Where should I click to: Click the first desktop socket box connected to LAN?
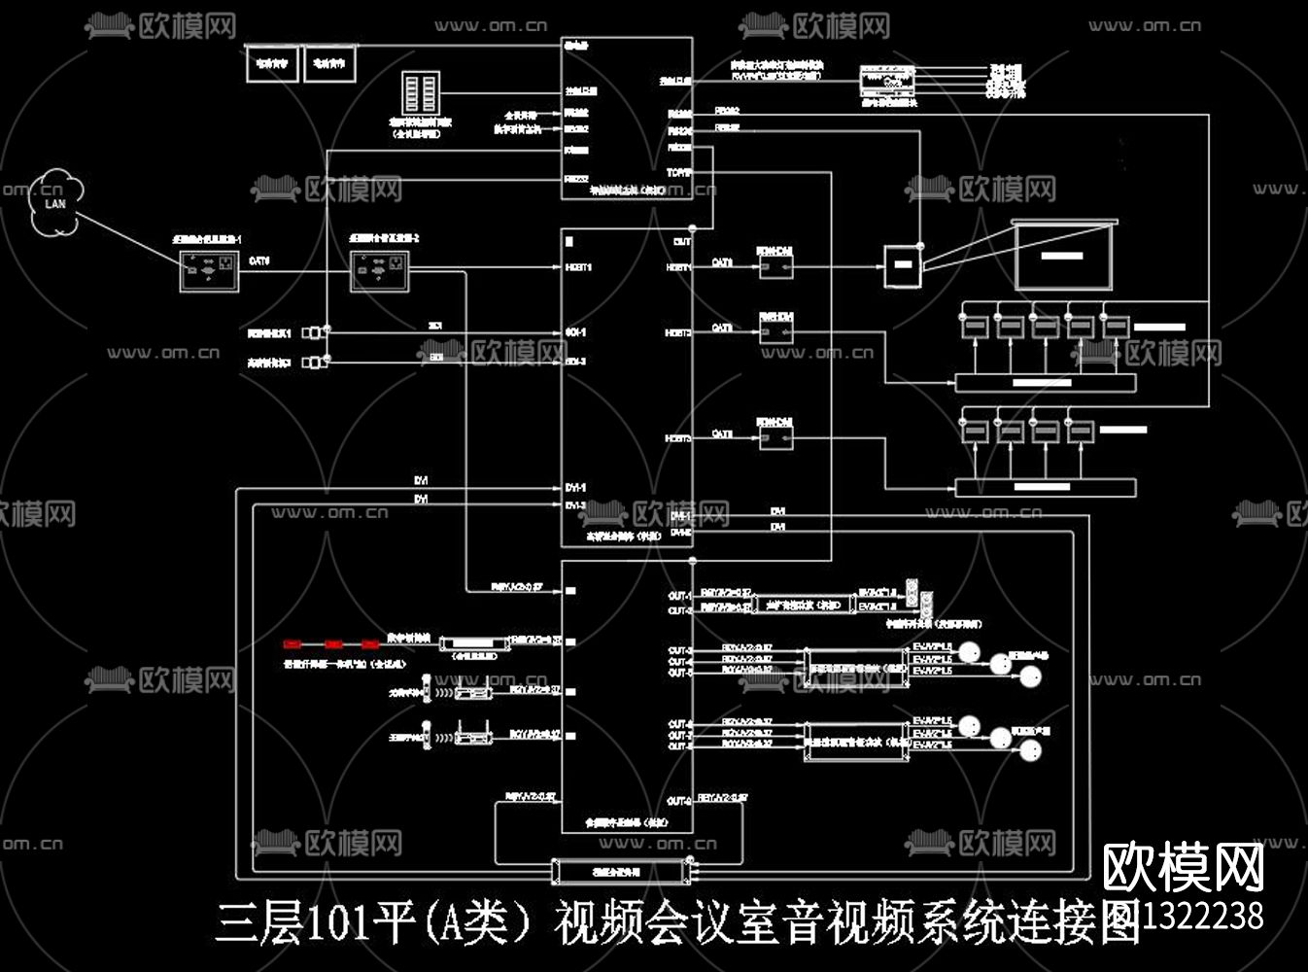[209, 269]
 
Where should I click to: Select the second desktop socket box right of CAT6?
[379, 269]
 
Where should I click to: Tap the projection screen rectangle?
[1063, 256]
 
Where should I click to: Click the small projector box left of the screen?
[901, 265]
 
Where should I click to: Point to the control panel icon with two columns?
[421, 97]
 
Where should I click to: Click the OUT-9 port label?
[679, 802]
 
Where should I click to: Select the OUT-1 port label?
[679, 596]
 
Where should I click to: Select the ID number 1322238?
[1205, 916]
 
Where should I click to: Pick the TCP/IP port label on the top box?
[679, 172]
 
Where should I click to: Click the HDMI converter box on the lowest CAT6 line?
[775, 438]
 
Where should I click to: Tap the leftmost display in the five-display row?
[974, 326]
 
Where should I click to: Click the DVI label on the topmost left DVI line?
[421, 482]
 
